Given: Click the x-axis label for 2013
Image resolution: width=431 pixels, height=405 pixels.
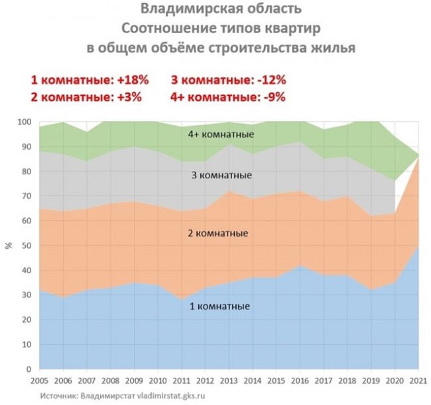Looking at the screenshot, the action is [229, 381].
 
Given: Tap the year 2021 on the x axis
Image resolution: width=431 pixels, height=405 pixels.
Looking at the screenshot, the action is [418, 381].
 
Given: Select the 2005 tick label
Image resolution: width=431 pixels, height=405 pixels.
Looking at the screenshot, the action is [40, 381].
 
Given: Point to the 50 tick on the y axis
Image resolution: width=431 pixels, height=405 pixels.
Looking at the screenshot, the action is [27, 246].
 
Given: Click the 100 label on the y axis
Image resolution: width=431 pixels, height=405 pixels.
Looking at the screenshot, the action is [25, 122].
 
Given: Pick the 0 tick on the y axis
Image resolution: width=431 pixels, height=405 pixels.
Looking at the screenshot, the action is [29, 369].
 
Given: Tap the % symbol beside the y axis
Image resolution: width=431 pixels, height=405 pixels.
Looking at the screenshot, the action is [9, 245].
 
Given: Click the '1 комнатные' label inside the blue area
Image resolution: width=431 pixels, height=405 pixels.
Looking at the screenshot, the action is [220, 306].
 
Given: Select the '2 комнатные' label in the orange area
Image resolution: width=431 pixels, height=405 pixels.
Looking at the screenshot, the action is [218, 233].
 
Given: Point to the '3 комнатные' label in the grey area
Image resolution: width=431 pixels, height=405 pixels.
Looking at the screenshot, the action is [221, 175].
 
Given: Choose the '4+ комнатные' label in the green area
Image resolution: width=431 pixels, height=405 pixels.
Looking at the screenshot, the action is [221, 135].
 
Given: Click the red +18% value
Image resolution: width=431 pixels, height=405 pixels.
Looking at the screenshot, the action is [133, 80].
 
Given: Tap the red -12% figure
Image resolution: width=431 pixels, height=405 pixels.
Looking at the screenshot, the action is [272, 80].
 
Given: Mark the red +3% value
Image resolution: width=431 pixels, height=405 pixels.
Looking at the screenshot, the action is [129, 97].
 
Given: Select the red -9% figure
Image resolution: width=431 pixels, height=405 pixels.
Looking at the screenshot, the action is [275, 97].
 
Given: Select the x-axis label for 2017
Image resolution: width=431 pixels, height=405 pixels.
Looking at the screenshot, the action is [324, 381].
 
